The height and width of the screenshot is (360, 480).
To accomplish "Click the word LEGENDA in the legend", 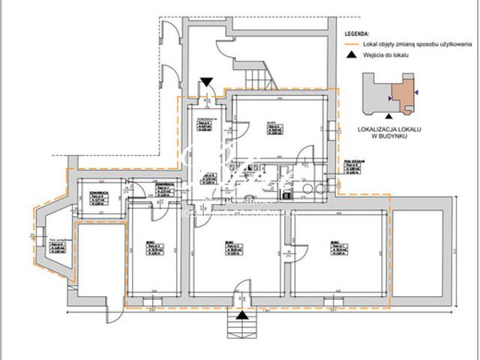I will pos(357,34).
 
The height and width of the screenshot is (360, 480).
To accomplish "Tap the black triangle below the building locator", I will pos(388,115).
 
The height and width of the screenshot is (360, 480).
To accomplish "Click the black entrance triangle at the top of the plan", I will pos(208,82).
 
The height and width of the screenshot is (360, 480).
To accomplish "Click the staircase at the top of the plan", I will pos(259,75).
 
